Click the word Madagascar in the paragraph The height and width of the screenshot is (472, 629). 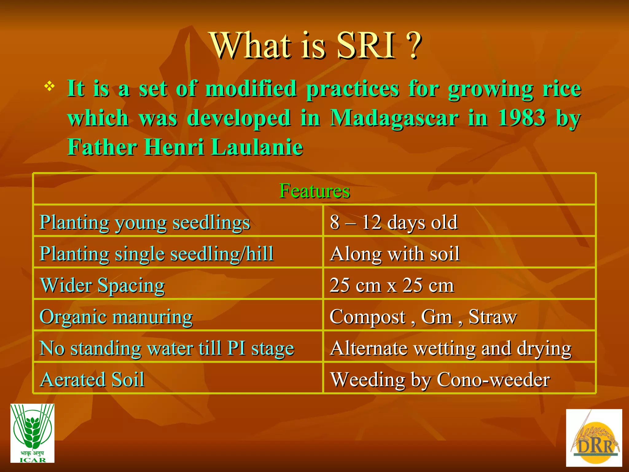tap(394, 118)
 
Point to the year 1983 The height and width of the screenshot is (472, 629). tap(522, 118)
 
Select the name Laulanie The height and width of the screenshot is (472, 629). tap(257, 147)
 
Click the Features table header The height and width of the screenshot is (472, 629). tap(314, 191)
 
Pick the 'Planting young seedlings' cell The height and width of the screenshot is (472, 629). tap(145, 222)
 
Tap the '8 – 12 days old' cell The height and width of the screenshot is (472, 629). tap(394, 222)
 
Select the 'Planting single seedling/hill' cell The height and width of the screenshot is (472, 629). tap(157, 254)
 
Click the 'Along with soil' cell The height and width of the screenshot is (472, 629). tap(395, 254)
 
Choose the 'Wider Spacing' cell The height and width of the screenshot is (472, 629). tap(103, 285)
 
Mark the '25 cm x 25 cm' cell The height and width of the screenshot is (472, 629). tap(392, 285)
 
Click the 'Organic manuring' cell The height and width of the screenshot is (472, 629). tap(116, 317)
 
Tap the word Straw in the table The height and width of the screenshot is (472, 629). tap(493, 317)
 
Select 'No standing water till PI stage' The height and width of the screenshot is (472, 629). tap(167, 348)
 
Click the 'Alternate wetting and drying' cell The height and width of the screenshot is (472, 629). tap(451, 348)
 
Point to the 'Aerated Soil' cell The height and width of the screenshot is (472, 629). tap(92, 380)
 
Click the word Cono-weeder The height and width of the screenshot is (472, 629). tap(493, 380)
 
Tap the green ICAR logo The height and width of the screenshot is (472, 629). tap(32, 433)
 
